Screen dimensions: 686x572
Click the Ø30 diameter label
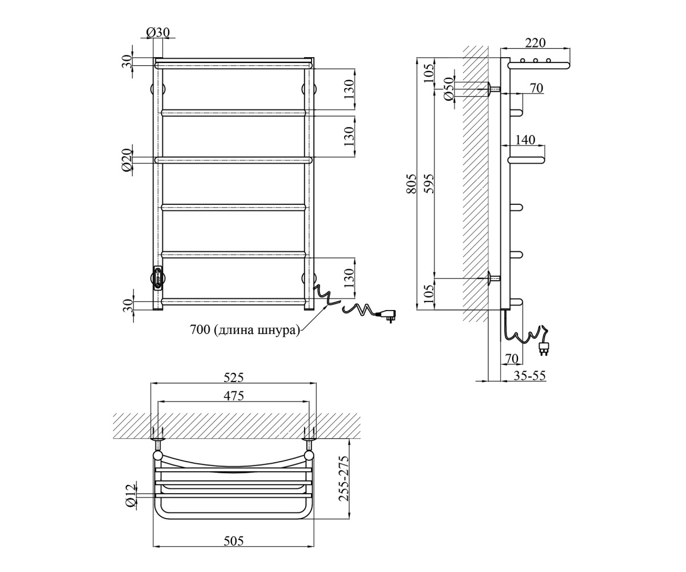pos(158,32)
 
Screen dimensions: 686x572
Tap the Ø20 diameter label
pos(126,160)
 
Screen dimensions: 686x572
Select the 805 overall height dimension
pos(412,184)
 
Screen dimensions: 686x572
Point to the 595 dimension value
pos(429,184)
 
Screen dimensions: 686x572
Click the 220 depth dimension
pos(535,43)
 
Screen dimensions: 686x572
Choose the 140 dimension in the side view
pos(525,140)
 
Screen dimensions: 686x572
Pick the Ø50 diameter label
pos(448,89)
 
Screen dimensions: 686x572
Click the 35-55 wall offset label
pos(529,375)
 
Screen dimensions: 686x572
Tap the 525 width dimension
pos(234,378)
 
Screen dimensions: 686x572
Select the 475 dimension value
pos(234,396)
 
